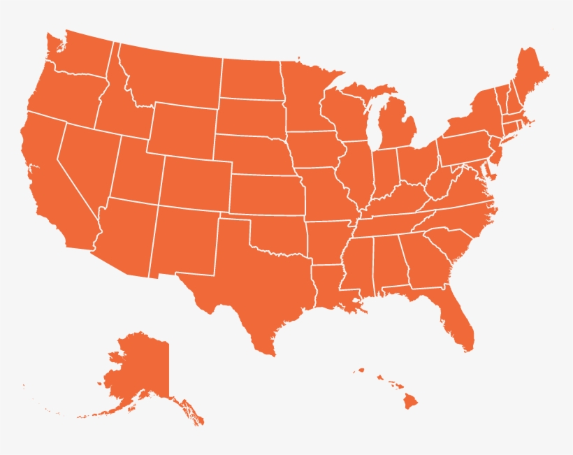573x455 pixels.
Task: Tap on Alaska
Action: [140, 370]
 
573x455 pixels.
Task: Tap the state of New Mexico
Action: [185, 241]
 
